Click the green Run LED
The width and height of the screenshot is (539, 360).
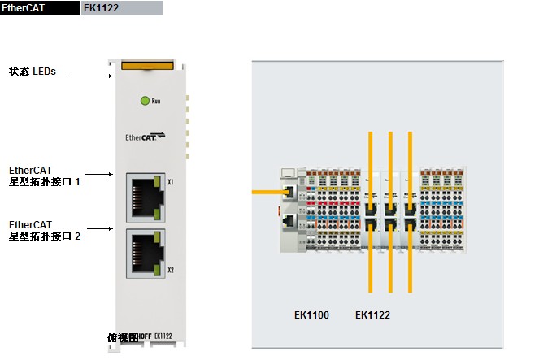pos(146,101)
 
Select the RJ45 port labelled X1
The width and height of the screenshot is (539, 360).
pos(143,197)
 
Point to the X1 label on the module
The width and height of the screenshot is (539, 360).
pos(171,182)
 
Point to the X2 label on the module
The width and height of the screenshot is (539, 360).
pos(171,270)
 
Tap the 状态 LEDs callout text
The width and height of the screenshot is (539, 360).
pos(33,72)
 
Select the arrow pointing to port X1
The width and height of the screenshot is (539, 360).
pos(98,174)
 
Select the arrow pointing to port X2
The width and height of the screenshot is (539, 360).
pos(98,230)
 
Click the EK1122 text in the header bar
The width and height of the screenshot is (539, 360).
pos(101,8)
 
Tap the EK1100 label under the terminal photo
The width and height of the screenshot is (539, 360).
pos(311,314)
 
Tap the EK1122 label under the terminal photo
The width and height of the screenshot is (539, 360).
pos(372,314)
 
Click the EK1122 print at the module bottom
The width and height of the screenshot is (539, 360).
pos(163,335)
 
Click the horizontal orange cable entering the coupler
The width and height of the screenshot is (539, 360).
pos(267,193)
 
